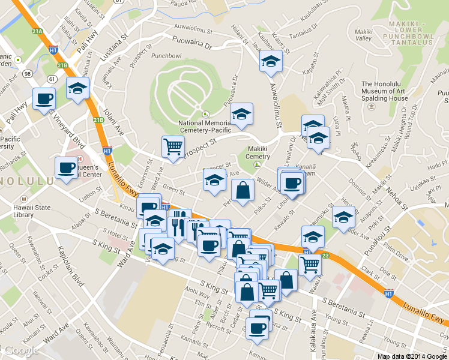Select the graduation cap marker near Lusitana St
[x=77, y=88]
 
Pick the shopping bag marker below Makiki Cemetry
[x=243, y=191]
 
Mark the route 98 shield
[x=28, y=73]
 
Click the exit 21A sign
[x=38, y=31]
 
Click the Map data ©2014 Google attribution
[x=412, y=356]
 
